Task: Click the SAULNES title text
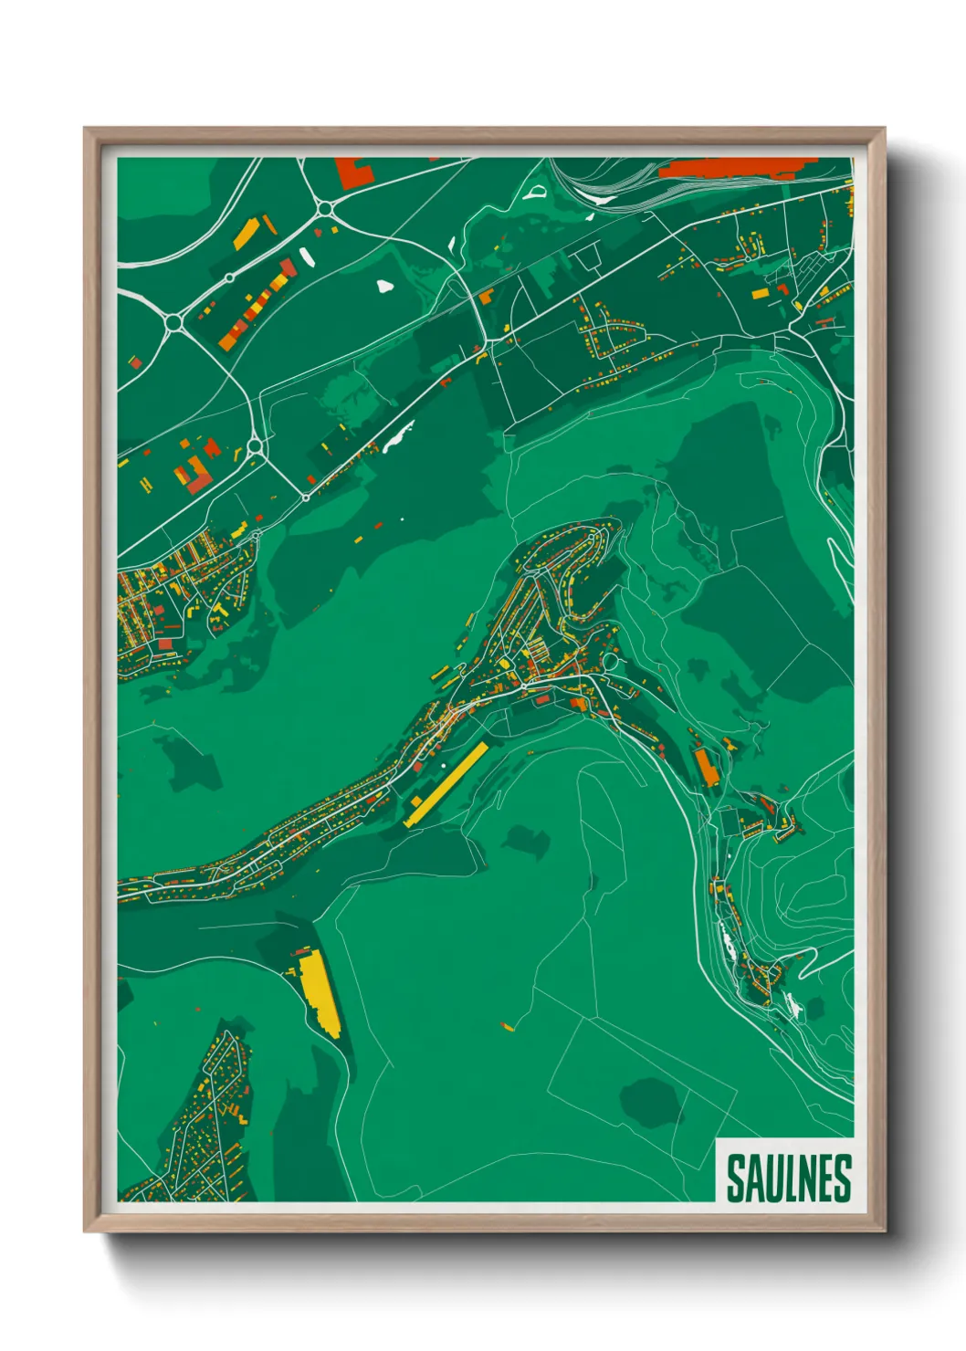click(x=788, y=1178)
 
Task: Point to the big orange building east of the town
click(x=706, y=768)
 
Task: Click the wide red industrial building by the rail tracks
click(x=730, y=169)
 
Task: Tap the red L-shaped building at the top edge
click(x=352, y=173)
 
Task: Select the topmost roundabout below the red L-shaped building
click(x=324, y=209)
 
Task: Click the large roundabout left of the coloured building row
click(x=173, y=322)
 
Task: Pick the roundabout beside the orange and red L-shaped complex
click(x=255, y=446)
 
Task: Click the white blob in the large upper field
click(x=384, y=287)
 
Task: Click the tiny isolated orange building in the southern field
click(x=508, y=1028)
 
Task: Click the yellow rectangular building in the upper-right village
click(x=760, y=293)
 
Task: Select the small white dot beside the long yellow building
click(x=443, y=765)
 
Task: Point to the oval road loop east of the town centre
click(x=609, y=660)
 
